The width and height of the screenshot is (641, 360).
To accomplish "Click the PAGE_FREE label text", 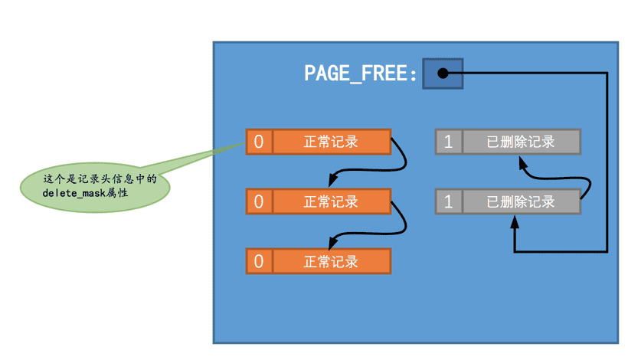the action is click(x=361, y=74).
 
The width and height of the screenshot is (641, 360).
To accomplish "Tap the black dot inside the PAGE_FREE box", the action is click(x=443, y=74).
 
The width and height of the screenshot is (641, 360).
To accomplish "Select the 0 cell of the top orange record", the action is click(x=259, y=142).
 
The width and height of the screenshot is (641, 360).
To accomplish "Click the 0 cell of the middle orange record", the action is click(x=259, y=201).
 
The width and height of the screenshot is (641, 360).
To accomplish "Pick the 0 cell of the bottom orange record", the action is click(x=259, y=261).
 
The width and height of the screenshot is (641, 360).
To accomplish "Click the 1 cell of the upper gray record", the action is click(x=449, y=142).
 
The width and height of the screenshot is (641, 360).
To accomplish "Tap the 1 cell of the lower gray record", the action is click(x=449, y=201).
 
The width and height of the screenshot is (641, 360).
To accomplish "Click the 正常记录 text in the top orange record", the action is click(x=331, y=142).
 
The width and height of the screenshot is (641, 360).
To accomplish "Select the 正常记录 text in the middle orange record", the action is click(x=331, y=201).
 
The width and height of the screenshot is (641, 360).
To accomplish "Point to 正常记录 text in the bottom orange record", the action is click(x=331, y=261).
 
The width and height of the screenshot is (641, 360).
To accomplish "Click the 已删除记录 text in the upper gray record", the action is click(x=521, y=142).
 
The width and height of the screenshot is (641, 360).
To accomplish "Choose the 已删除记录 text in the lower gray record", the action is click(x=521, y=201).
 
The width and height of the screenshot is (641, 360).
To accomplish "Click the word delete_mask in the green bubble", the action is click(x=74, y=193).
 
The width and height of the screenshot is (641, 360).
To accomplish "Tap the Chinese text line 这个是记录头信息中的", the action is click(x=100, y=178).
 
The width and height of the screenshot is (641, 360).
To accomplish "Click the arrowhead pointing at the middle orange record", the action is click(x=333, y=180).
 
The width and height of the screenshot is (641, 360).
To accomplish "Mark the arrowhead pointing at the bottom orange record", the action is click(x=333, y=243).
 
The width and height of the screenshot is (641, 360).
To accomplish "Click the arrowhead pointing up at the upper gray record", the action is click(x=523, y=163).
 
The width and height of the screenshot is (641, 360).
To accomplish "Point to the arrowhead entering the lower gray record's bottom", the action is click(x=515, y=221).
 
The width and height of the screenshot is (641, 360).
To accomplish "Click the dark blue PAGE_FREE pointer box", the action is click(x=443, y=74).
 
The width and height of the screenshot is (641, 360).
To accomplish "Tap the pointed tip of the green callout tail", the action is click(x=244, y=142).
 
